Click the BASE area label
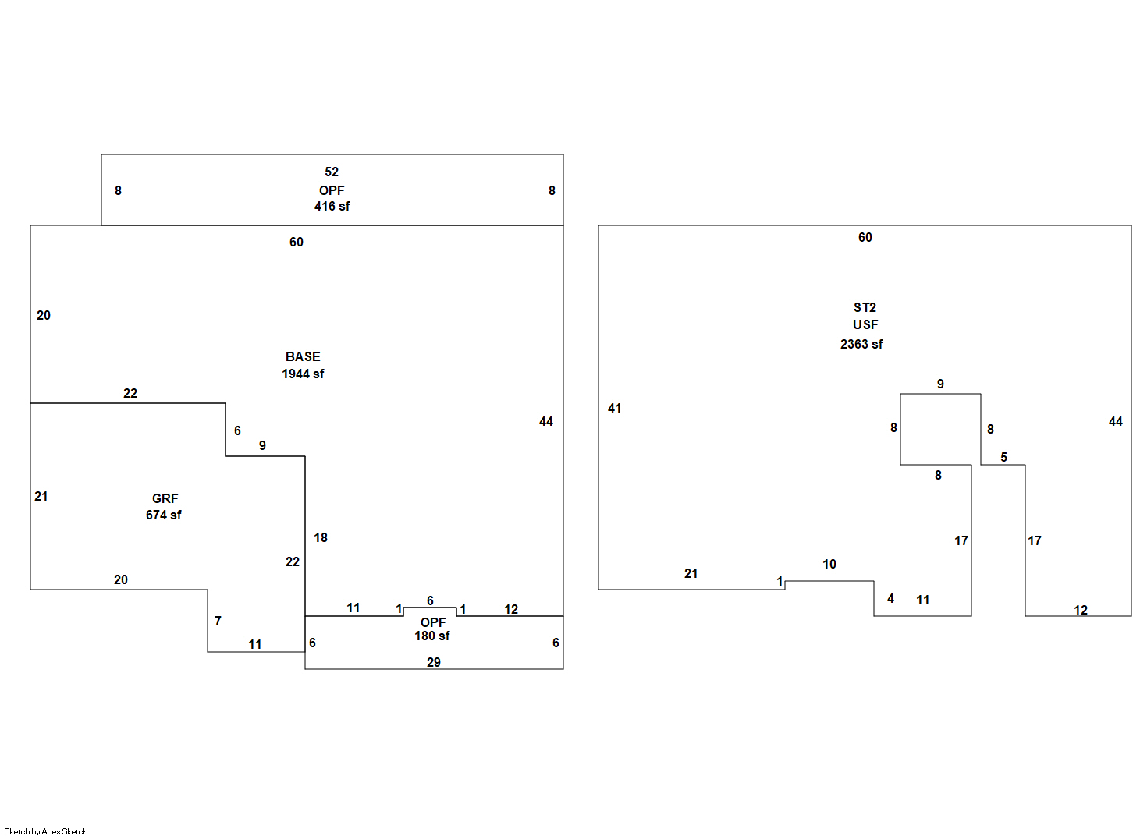[303, 357]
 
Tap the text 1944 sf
[303, 374]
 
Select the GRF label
[165, 499]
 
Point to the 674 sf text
[163, 515]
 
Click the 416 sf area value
[332, 207]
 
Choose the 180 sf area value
[432, 636]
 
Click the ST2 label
[865, 308]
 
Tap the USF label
[865, 324]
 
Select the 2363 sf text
[861, 344]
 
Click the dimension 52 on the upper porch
[332, 172]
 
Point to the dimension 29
[434, 662]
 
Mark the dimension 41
[614, 409]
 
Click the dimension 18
[321, 537]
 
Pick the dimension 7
[218, 621]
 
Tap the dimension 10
[829, 564]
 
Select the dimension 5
[1003, 457]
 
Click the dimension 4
[890, 598]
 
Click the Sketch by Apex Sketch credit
[46, 831]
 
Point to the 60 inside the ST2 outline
[865, 238]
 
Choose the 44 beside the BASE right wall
[546, 422]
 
